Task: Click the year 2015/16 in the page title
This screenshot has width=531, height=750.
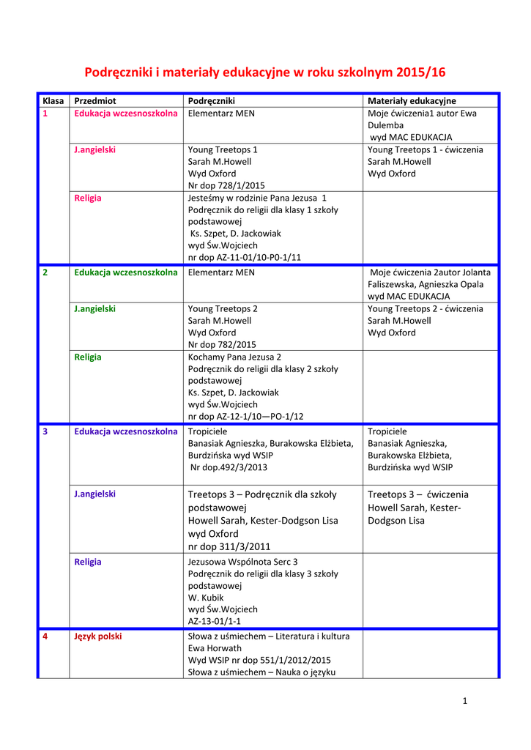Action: pyautogui.click(x=420, y=73)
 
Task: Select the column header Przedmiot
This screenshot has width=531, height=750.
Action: pyautogui.click(x=95, y=100)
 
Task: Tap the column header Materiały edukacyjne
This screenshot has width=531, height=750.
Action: pyautogui.click(x=412, y=100)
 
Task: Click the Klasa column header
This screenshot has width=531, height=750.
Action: pyautogui.click(x=53, y=100)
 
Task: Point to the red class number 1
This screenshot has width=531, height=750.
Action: pyautogui.click(x=45, y=114)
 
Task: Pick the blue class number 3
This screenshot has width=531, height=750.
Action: pyautogui.click(x=45, y=431)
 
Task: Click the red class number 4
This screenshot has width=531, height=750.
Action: pyautogui.click(x=45, y=636)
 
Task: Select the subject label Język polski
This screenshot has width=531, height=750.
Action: pyautogui.click(x=98, y=636)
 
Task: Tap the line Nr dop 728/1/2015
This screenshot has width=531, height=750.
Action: pyautogui.click(x=226, y=185)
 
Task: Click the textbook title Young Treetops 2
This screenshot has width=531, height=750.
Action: pyautogui.click(x=223, y=308)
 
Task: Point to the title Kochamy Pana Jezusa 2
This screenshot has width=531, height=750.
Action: pyautogui.click(x=234, y=357)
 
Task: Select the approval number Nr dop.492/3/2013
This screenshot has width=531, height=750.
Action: pyautogui.click(x=229, y=467)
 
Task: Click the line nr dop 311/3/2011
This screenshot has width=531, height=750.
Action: pyautogui.click(x=229, y=546)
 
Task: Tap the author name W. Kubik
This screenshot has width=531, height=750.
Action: pyautogui.click(x=207, y=597)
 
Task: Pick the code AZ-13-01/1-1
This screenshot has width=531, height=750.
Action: pyautogui.click(x=215, y=620)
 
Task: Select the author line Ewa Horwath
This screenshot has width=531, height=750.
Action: pyautogui.click(x=215, y=648)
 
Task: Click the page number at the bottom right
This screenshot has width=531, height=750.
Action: pyautogui.click(x=464, y=701)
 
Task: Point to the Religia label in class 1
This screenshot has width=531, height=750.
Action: pyautogui.click(x=88, y=198)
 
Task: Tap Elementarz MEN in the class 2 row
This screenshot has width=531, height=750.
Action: pyautogui.click(x=221, y=272)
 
